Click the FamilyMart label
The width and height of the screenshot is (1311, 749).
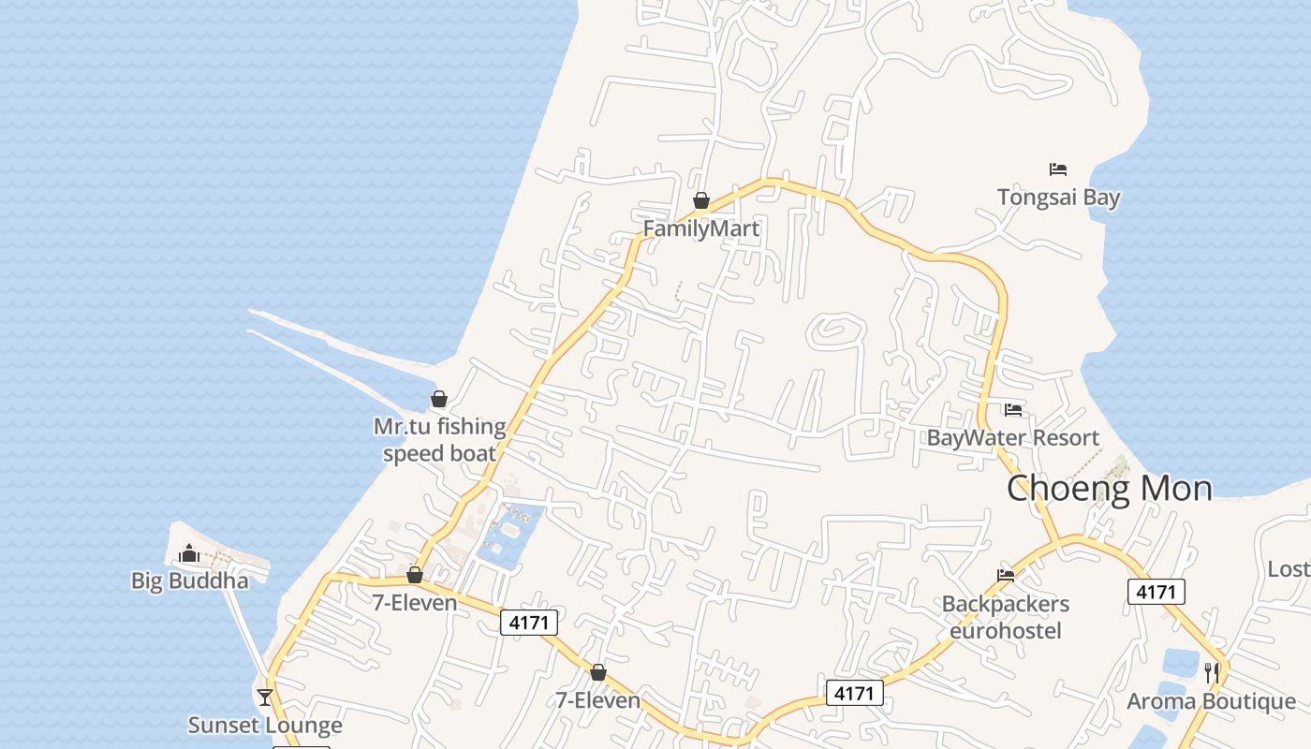[x=700, y=228]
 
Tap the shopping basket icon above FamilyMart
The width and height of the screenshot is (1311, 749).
[x=700, y=200]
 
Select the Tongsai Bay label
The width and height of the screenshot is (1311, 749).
[x=1058, y=198]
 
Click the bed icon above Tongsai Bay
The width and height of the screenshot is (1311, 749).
[x=1058, y=169]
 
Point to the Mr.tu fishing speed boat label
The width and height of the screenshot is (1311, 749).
[x=439, y=440]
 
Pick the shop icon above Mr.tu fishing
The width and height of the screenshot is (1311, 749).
[x=439, y=400]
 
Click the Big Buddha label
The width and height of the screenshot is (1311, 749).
[x=190, y=580]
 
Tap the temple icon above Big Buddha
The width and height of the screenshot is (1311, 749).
[x=190, y=553]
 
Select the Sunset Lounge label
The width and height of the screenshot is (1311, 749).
[x=265, y=725]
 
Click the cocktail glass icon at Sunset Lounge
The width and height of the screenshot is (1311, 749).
[x=265, y=697]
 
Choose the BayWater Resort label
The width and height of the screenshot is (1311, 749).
[x=1012, y=437]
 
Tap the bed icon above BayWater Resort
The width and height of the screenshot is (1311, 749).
[x=1012, y=409]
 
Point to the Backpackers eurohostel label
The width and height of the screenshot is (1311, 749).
[x=1006, y=617]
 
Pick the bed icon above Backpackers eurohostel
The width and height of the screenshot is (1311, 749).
[x=1006, y=576]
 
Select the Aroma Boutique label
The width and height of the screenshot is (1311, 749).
[x=1211, y=701]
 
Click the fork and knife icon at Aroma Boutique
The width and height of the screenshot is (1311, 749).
[x=1211, y=672]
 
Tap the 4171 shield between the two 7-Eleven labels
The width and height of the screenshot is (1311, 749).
[x=529, y=623]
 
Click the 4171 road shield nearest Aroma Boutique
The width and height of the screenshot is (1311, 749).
[x=1156, y=592]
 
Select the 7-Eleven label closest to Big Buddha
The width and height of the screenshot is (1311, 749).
[x=415, y=602]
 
